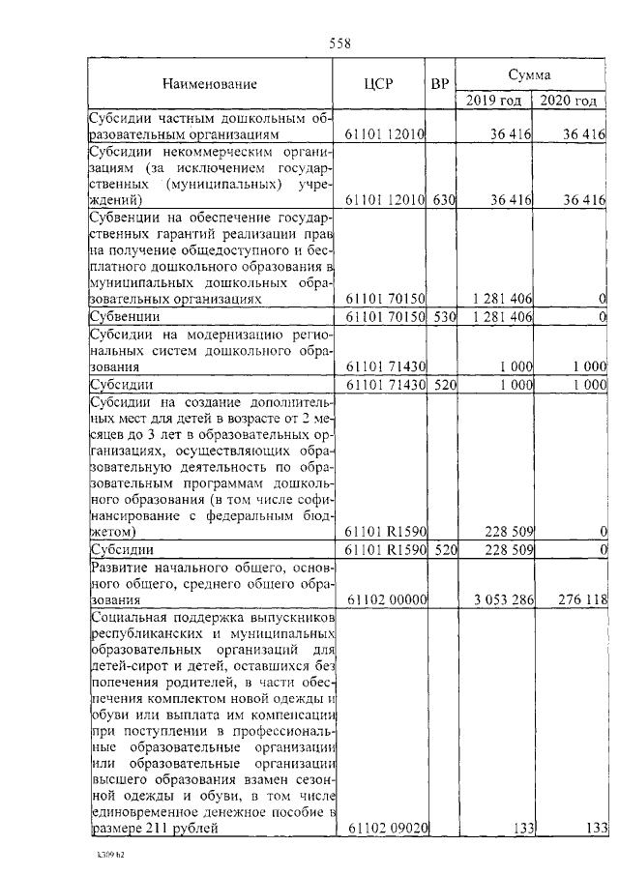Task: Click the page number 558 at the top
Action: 339,43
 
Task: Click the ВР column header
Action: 441,84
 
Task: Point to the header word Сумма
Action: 530,73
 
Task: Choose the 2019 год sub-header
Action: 493,101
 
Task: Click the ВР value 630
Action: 444,199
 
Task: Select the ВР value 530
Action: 444,316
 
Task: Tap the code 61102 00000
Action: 387,599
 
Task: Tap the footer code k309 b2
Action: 110,856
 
